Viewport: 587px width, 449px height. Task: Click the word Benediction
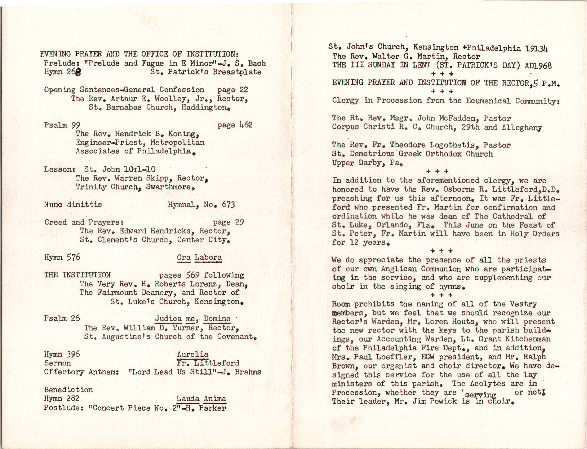68,389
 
